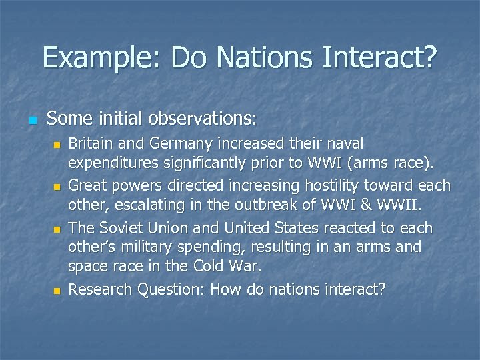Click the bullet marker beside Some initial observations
[31, 120]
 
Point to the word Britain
[92, 143]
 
